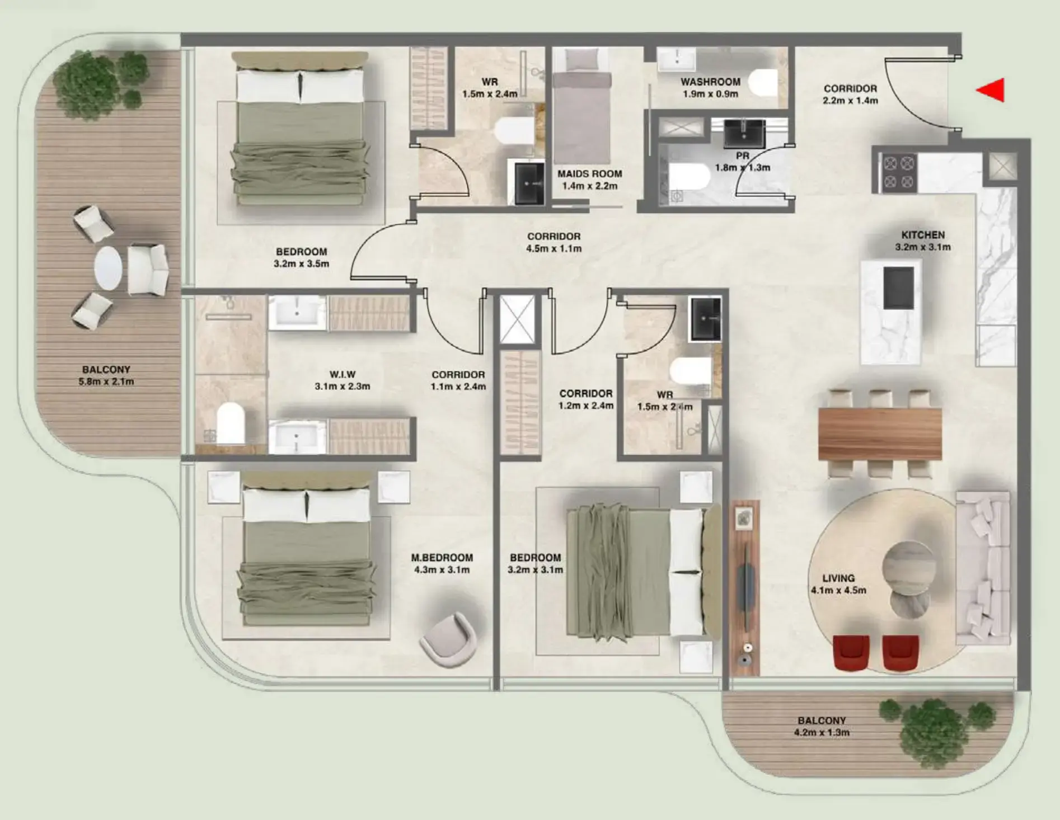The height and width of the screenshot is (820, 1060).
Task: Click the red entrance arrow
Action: (x=992, y=90)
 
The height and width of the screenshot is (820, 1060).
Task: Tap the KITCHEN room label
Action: (x=923, y=235)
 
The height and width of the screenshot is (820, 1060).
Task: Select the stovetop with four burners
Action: (x=898, y=172)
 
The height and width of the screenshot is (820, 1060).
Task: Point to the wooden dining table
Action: (x=880, y=434)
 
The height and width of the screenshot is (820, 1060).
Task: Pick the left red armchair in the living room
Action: (x=851, y=652)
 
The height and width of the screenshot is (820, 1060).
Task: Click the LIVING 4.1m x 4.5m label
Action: (x=838, y=584)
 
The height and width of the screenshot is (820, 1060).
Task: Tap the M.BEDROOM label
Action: (x=442, y=558)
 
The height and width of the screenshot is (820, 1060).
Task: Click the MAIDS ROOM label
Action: (x=589, y=174)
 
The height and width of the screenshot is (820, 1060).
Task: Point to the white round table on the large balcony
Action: (x=108, y=268)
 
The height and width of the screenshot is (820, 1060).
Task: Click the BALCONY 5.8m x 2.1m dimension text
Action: (x=106, y=382)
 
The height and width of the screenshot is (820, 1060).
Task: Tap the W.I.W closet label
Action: (x=342, y=375)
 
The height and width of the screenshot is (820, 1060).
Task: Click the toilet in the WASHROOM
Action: (x=762, y=83)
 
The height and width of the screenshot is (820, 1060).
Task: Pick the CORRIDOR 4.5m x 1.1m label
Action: (x=554, y=242)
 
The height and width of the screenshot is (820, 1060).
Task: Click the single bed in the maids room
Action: (x=581, y=112)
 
